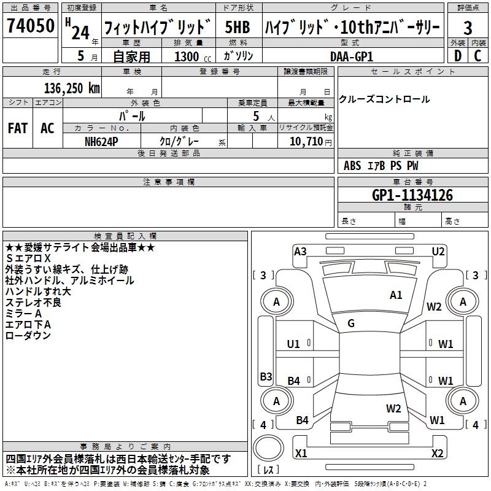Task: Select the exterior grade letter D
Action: [457, 55]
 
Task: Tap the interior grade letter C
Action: [478, 55]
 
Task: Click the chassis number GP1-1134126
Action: [412, 195]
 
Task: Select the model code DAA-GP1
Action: [352, 56]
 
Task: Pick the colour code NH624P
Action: [102, 141]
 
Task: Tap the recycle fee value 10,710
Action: [305, 141]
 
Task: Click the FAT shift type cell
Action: [18, 128]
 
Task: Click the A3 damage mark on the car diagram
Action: [300, 250]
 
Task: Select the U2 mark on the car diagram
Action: [438, 250]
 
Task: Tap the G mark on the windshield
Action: [351, 323]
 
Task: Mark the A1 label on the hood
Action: [396, 295]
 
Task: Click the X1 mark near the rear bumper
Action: [301, 454]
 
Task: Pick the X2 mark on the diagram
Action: [438, 454]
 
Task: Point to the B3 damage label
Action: [266, 376]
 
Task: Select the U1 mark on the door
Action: [293, 344]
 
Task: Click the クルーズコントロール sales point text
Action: [384, 99]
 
